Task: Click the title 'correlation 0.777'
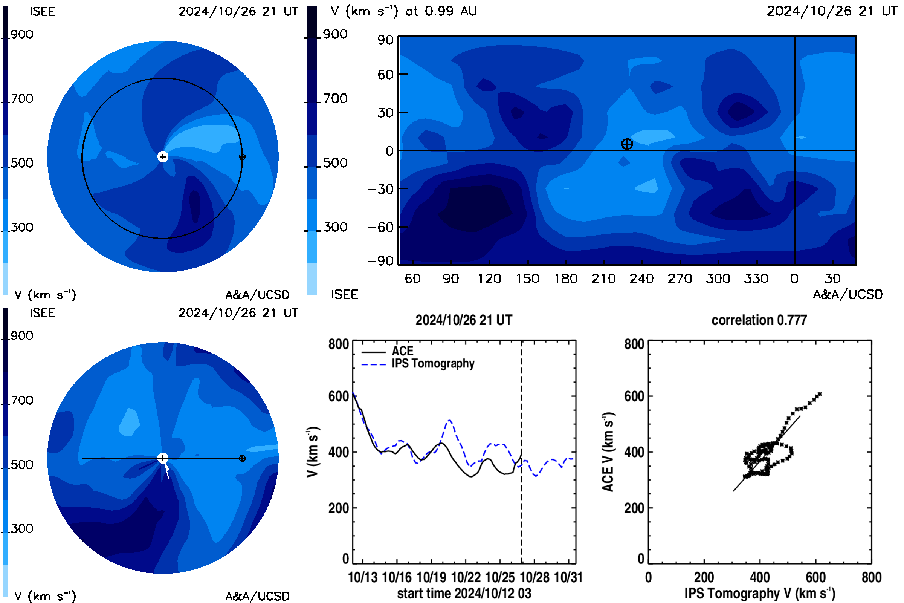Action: tap(759, 320)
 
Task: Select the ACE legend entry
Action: tap(388, 351)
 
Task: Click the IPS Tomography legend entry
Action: tap(418, 363)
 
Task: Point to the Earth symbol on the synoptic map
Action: tap(627, 144)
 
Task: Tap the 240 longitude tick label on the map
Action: tap(641, 278)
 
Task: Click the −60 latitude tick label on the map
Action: tap(380, 227)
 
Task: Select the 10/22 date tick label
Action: tap(466, 577)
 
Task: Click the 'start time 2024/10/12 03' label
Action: tap(464, 593)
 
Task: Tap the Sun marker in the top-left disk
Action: tap(163, 156)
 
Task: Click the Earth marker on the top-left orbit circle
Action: tap(242, 156)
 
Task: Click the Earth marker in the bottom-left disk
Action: tap(242, 458)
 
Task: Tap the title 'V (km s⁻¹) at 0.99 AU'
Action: tap(403, 11)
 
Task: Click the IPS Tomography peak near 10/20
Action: tap(449, 420)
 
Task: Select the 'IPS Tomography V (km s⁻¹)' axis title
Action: tap(759, 593)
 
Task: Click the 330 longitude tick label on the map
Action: tap(756, 278)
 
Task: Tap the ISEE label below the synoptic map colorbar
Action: tap(344, 295)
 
